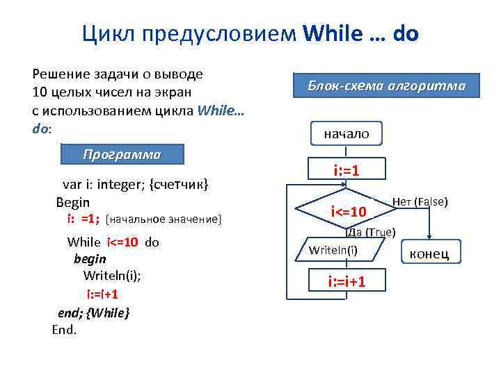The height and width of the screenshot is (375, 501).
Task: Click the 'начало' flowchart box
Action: click(x=347, y=133)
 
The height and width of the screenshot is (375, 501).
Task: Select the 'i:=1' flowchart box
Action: click(x=347, y=169)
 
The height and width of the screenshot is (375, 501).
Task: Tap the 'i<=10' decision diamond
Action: click(x=348, y=210)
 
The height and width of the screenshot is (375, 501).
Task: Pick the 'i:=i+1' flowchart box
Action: click(x=347, y=281)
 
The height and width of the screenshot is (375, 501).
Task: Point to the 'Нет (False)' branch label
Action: click(x=420, y=202)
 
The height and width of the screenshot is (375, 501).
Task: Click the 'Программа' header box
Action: click(x=122, y=154)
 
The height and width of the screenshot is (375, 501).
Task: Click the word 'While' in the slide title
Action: click(x=330, y=33)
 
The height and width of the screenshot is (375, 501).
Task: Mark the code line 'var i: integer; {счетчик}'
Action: click(x=136, y=185)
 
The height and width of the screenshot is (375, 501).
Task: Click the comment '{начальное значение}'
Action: click(x=164, y=219)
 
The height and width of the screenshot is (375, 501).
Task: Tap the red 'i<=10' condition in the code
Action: click(x=122, y=242)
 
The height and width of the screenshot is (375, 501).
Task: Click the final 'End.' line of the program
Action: click(x=65, y=329)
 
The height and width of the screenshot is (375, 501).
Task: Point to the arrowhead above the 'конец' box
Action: click(x=430, y=237)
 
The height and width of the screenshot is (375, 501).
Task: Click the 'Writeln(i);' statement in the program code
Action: click(x=111, y=276)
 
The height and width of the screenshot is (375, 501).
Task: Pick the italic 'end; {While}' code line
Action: click(x=93, y=312)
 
